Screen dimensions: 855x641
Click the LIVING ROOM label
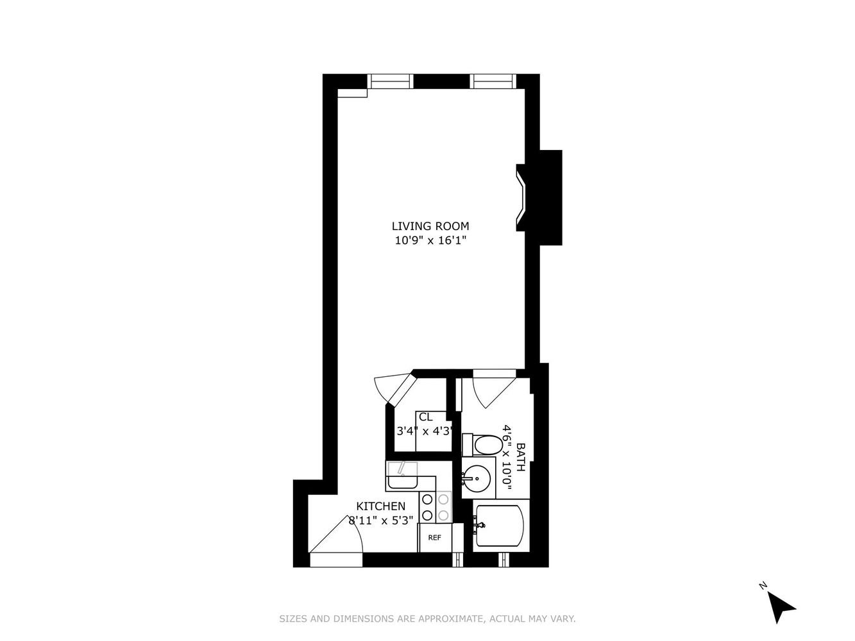point(430,226)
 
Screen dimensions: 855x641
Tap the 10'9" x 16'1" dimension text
point(430,240)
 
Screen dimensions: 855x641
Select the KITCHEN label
point(380,506)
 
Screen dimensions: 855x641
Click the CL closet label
point(425,417)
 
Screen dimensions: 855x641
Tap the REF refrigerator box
point(435,537)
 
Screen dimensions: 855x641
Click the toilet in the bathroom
point(482,444)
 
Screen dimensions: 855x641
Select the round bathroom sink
point(477,479)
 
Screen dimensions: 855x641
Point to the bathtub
point(500,525)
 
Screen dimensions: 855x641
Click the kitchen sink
point(402,475)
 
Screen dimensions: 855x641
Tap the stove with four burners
point(435,507)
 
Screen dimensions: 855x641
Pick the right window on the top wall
point(493,81)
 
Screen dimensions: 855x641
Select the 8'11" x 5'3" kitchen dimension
point(380,520)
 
